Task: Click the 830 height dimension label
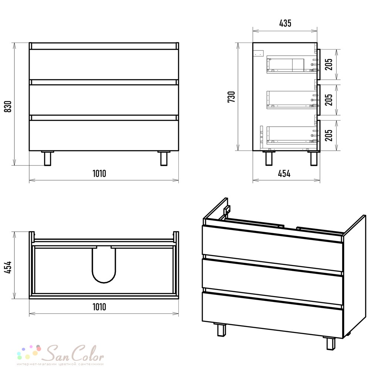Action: click(x=8, y=107)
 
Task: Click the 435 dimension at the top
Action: click(x=285, y=23)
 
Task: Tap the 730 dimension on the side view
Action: click(x=231, y=97)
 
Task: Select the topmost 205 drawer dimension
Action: click(x=329, y=64)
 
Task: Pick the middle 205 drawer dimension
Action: click(x=329, y=100)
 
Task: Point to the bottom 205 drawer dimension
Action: click(x=329, y=135)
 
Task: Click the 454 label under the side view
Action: click(x=284, y=174)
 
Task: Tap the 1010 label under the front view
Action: click(x=99, y=174)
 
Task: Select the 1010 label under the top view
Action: click(x=99, y=307)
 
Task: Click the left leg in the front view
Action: click(x=47, y=158)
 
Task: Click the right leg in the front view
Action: click(x=164, y=158)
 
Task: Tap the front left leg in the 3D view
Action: click(x=221, y=329)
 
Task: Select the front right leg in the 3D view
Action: click(x=331, y=343)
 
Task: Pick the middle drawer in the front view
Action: click(x=104, y=100)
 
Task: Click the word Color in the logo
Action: click(x=87, y=353)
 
